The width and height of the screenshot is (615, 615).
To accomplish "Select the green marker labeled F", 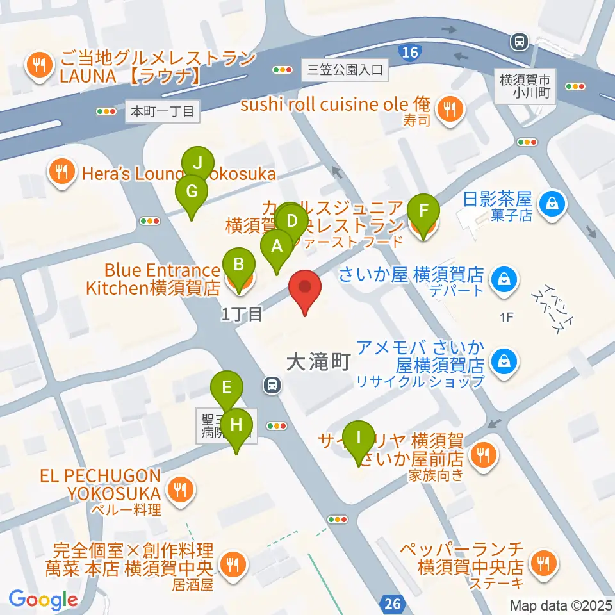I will click(x=423, y=211).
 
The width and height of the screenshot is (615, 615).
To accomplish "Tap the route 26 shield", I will click(x=393, y=602).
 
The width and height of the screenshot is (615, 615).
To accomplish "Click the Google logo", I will click(x=43, y=600).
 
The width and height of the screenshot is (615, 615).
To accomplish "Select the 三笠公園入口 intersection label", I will click(x=345, y=70).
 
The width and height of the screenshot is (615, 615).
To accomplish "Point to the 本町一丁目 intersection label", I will click(x=162, y=111).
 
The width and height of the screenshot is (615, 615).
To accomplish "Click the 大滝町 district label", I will click(x=318, y=363).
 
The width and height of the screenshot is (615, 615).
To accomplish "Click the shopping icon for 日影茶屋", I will click(x=550, y=204).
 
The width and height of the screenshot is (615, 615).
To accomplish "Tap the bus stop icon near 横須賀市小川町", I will click(x=516, y=42).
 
